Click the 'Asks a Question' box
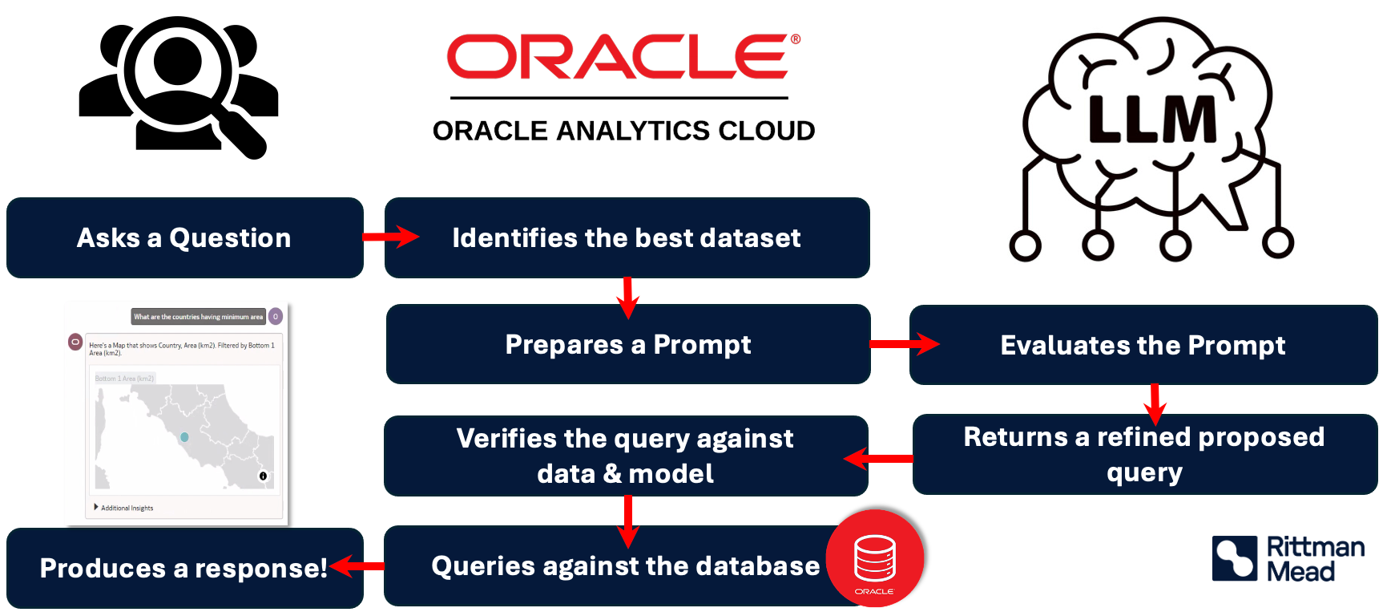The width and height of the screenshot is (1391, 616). (184, 238)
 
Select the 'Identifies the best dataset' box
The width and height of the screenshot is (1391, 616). (627, 238)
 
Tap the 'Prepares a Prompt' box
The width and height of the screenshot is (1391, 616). (628, 345)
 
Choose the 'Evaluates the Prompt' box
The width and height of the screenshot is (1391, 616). (1143, 345)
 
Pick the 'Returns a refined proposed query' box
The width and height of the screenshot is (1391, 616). (1144, 454)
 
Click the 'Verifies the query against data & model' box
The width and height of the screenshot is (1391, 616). (625, 456)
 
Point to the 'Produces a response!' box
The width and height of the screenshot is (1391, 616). (183, 568)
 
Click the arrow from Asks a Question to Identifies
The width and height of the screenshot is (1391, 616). (390, 237)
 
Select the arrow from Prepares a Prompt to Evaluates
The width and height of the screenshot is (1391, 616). (904, 344)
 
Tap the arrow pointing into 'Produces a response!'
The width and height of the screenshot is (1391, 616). (357, 566)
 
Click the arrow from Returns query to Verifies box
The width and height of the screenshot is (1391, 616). (878, 459)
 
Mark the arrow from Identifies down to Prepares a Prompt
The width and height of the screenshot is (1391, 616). (628, 298)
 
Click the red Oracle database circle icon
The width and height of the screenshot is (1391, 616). (875, 558)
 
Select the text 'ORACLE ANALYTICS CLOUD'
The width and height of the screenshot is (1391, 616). (623, 131)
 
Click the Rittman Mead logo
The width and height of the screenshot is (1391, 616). (1288, 558)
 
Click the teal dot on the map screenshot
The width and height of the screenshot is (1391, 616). (184, 437)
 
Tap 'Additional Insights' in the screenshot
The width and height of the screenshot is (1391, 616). (127, 508)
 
